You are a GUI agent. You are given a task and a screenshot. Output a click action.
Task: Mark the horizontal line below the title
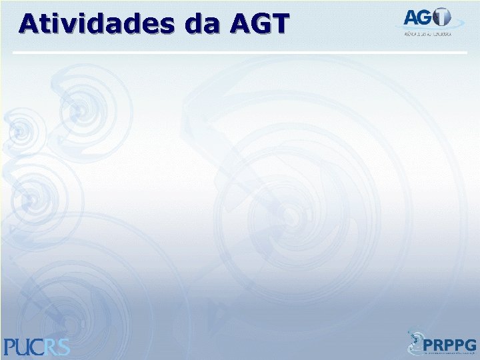click(240, 52)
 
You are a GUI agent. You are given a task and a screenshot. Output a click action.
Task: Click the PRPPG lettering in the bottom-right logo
click(450, 345)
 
